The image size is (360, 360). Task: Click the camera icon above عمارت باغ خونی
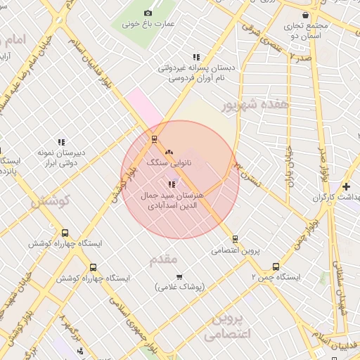(x=148, y=13)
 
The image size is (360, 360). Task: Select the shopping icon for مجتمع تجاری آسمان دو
(x=304, y=15)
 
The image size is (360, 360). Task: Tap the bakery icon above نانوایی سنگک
(x=167, y=151)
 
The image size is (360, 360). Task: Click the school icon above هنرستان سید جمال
(x=172, y=184)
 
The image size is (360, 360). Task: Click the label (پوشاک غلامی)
(x=179, y=287)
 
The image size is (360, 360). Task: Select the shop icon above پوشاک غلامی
(x=179, y=276)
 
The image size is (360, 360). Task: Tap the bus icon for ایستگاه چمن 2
(x=276, y=267)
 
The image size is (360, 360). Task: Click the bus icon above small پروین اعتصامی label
(x=235, y=239)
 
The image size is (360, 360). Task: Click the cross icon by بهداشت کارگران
(x=346, y=186)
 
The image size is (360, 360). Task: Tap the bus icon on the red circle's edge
(x=155, y=139)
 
